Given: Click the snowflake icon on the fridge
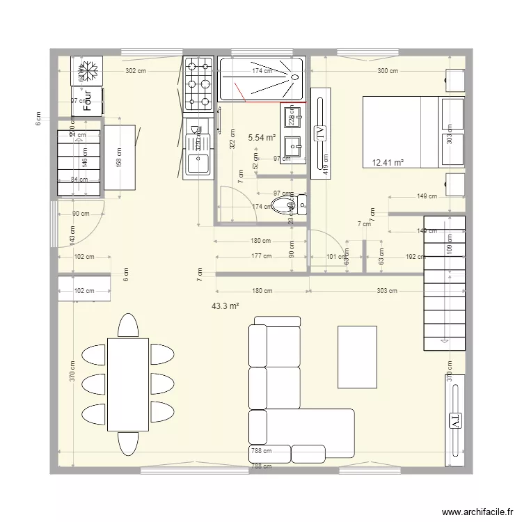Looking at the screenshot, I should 88,70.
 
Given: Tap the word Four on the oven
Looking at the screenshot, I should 88,102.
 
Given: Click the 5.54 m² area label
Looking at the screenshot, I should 262,138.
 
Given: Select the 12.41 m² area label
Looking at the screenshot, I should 388,163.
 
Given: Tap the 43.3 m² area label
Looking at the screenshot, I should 226,306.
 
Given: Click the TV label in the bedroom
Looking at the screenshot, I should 321,133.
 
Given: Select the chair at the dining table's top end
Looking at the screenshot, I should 128,326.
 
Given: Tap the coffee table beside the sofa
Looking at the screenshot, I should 357,356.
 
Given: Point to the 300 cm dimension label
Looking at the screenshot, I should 388,71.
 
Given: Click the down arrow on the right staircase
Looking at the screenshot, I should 444,341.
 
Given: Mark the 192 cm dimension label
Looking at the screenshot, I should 416,257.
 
